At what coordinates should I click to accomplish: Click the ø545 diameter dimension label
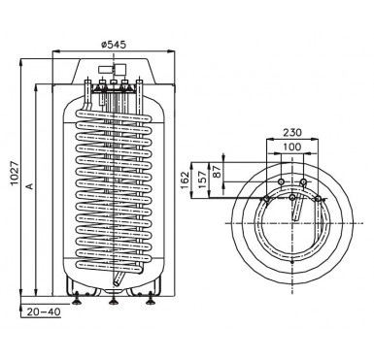point(114,45)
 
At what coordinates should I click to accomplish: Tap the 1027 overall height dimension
point(15,173)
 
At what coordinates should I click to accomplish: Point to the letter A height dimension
point(30,186)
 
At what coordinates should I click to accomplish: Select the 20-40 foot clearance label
point(44,311)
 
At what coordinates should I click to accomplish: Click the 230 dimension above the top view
point(292,132)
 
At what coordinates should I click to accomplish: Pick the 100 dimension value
point(292,147)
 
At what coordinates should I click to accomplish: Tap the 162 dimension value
point(185,180)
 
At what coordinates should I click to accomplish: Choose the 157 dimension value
point(202,180)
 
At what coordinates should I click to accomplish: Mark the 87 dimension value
point(218,171)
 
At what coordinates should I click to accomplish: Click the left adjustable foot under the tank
point(77,300)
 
